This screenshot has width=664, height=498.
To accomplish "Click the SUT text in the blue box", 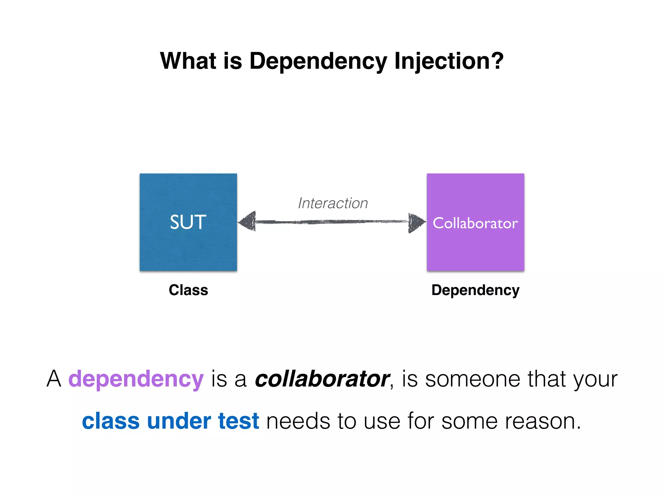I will pyautogui.click(x=188, y=222).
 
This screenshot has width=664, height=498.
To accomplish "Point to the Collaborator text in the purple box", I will pyautogui.click(x=475, y=223).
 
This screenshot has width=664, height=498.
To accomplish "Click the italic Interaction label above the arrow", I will pyautogui.click(x=333, y=203).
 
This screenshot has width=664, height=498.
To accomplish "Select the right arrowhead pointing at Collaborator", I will pyautogui.click(x=416, y=222).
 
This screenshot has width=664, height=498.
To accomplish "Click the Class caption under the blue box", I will pyautogui.click(x=188, y=290).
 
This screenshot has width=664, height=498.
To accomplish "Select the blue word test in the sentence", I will pyautogui.click(x=238, y=421).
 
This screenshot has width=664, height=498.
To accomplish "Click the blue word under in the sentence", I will pyautogui.click(x=179, y=421).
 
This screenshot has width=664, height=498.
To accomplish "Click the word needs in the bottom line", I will pyautogui.click(x=298, y=421).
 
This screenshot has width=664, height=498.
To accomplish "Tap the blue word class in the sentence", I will pyautogui.click(x=111, y=421).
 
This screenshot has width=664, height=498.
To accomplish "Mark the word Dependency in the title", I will pyautogui.click(x=318, y=62).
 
